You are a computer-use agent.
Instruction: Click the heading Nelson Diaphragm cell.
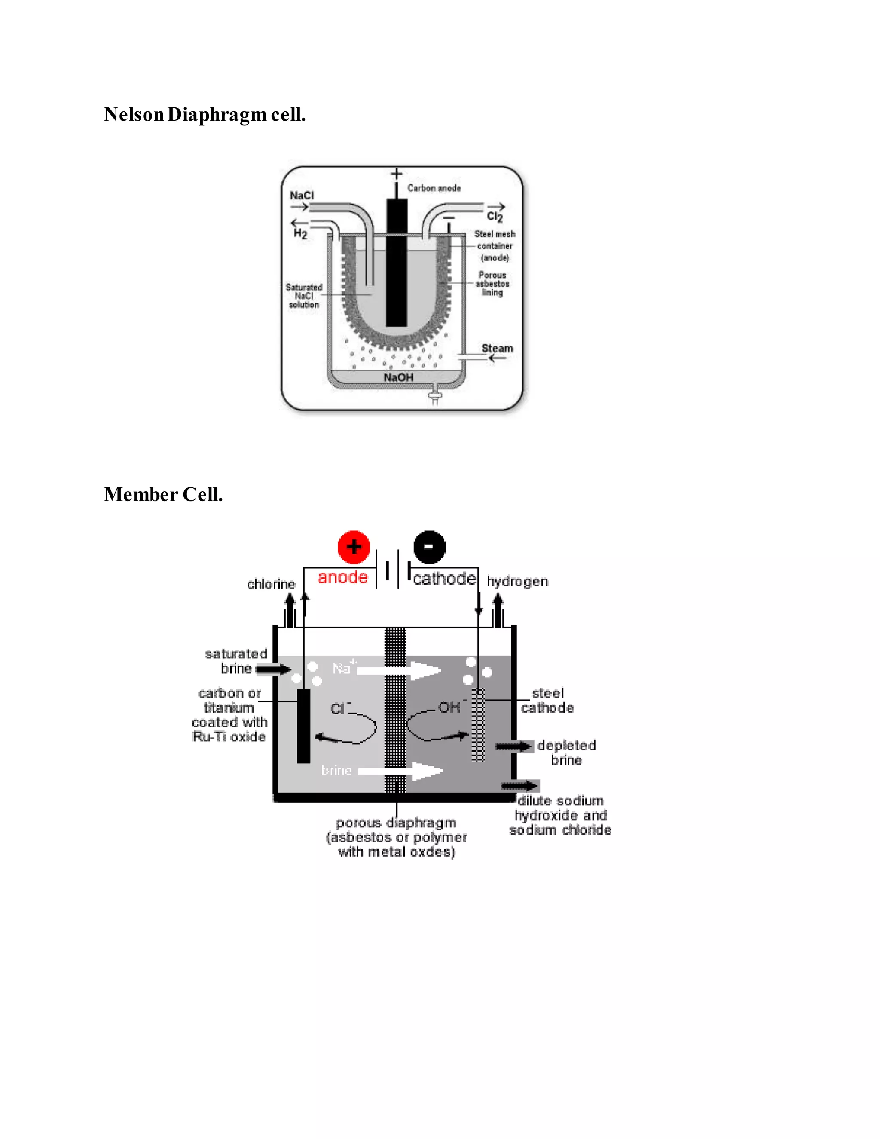click(x=205, y=115)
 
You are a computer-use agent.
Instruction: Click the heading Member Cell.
click(x=163, y=494)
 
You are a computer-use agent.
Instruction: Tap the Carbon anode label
click(x=434, y=188)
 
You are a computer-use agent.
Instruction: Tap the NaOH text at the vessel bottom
click(x=398, y=377)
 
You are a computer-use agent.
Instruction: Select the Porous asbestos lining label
click(x=492, y=284)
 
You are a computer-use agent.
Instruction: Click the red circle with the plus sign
click(x=354, y=547)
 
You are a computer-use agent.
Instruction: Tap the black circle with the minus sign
click(x=429, y=547)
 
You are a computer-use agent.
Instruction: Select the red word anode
click(x=342, y=577)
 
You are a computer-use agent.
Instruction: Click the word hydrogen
click(x=517, y=581)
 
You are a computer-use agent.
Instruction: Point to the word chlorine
click(x=271, y=584)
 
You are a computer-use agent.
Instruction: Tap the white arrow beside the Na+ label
click(x=399, y=670)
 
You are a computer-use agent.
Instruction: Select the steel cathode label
click(x=547, y=701)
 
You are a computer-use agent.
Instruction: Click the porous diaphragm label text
click(x=396, y=837)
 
